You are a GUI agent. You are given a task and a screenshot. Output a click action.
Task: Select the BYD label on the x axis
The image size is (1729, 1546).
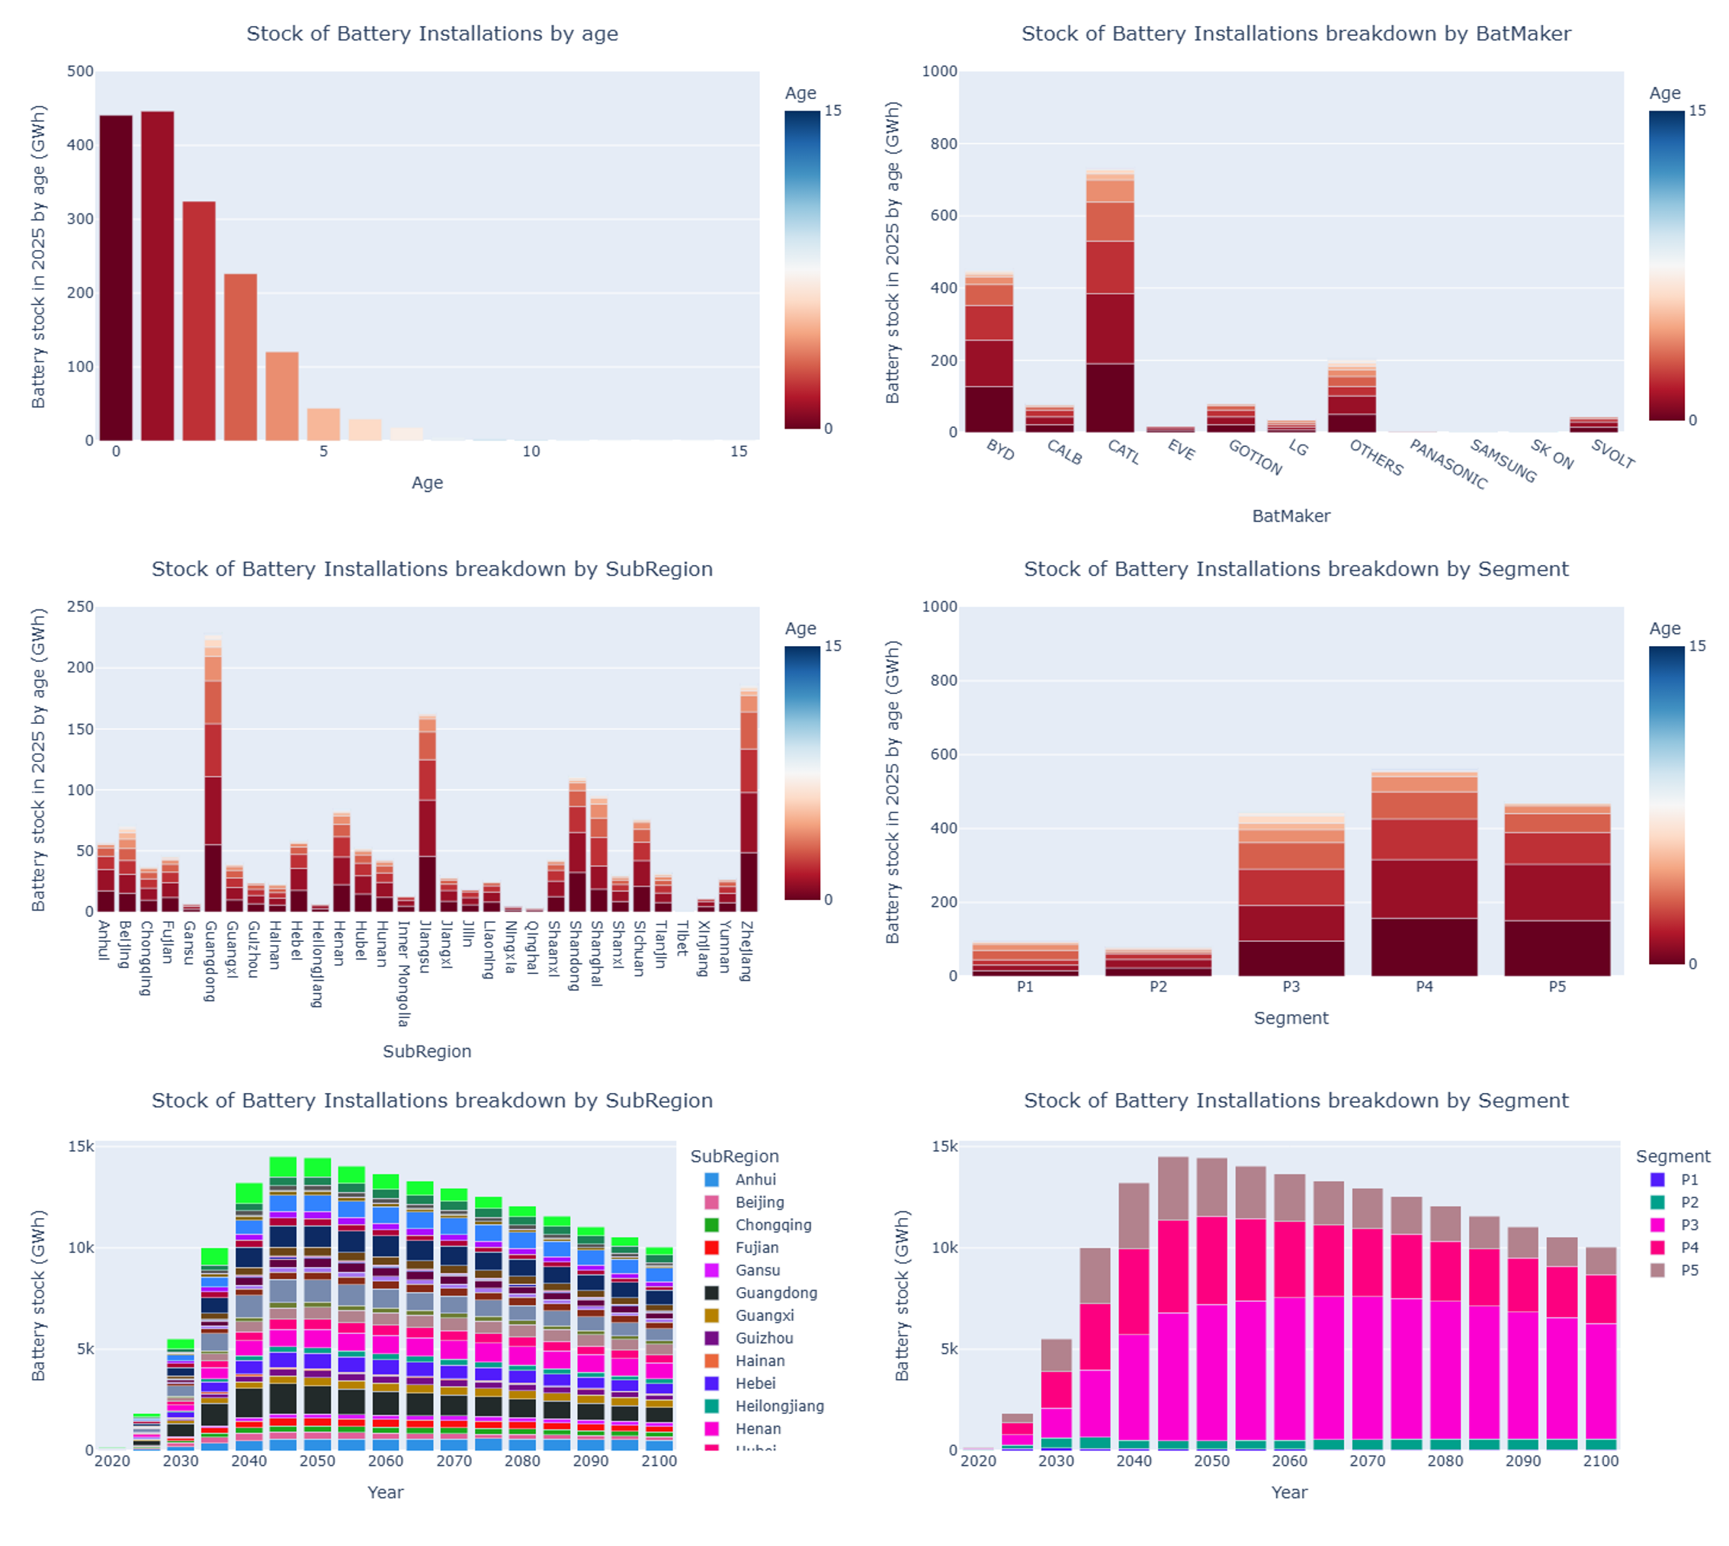coord(1000,450)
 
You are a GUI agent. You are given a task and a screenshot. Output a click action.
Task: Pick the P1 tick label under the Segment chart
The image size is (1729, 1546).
coord(1025,987)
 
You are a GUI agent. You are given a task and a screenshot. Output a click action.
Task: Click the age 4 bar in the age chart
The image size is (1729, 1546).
coord(282,397)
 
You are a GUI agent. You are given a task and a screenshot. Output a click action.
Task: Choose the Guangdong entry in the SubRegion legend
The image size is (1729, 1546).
coord(775,1293)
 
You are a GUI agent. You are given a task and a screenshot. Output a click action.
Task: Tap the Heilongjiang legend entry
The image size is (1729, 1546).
coord(778,1406)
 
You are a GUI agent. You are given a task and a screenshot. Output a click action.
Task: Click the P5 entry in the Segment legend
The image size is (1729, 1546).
coord(1689,1270)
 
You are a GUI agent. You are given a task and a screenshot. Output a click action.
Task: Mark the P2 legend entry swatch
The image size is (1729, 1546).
coord(1657,1202)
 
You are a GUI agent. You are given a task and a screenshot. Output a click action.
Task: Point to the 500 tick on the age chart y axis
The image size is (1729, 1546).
coord(81,72)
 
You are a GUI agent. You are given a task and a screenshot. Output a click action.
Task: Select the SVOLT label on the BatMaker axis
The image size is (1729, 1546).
coord(1612,455)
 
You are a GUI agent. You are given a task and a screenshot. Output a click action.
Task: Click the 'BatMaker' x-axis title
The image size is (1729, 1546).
coord(1291,516)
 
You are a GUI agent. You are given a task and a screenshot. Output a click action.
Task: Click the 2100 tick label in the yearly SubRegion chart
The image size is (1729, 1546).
coord(659,1461)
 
